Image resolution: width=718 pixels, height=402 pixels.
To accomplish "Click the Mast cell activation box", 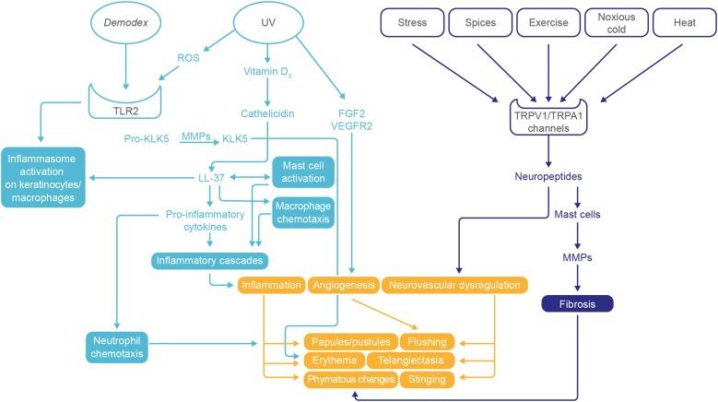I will pos(303,172).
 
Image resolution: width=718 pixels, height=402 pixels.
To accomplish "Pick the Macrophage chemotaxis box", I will pos(303,211).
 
